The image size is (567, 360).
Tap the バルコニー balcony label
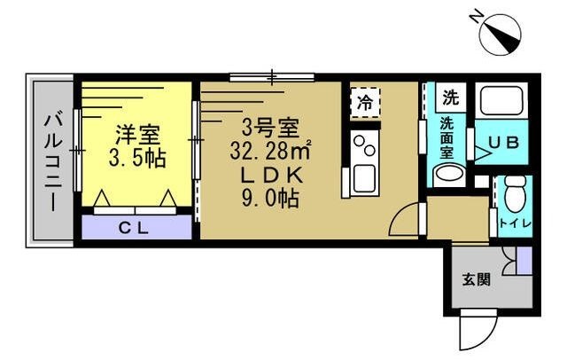pyautogui.click(x=52, y=159)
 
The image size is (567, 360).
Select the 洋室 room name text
pyautogui.click(x=137, y=137)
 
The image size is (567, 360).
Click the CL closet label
pyautogui.click(x=136, y=227)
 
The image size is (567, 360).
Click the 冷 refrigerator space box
pyautogui.click(x=365, y=101)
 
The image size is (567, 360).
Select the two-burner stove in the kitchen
pyautogui.click(x=363, y=144)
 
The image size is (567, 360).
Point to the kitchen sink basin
pyautogui.click(x=363, y=176)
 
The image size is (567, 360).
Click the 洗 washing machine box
pyautogui.click(x=451, y=97)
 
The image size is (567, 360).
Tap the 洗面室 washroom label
pyautogui.click(x=448, y=138)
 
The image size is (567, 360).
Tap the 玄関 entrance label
pyautogui.click(x=475, y=280)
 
